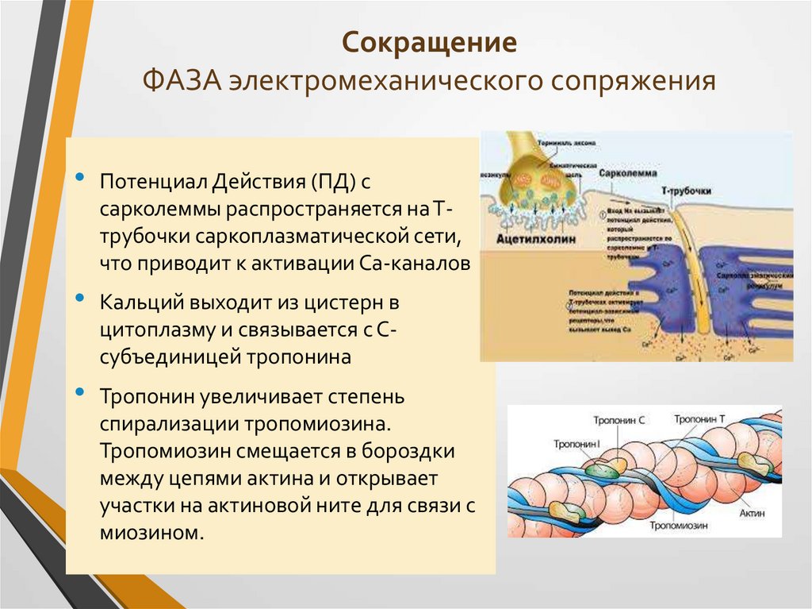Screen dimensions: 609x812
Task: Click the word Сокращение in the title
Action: (x=429, y=41)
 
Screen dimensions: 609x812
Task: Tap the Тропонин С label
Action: (x=619, y=418)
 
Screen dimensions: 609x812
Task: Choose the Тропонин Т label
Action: (x=699, y=418)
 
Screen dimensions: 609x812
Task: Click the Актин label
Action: (x=753, y=514)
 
